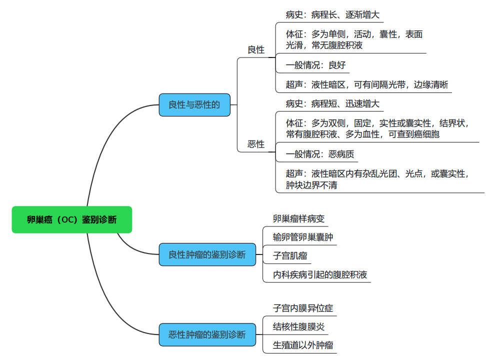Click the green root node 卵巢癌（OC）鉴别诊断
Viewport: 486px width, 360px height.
[x=71, y=219]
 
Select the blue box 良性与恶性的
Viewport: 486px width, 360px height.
[x=194, y=105]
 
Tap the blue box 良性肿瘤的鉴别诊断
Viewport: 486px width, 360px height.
[x=207, y=254]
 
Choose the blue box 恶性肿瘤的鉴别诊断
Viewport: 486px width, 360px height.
[x=207, y=334]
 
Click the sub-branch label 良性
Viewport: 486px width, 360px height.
[x=256, y=50]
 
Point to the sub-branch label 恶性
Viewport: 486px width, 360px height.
[x=256, y=144]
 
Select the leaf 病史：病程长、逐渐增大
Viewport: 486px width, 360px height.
[x=332, y=15]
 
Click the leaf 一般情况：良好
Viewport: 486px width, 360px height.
[x=315, y=65]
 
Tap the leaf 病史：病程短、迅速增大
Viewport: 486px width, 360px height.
[x=332, y=104]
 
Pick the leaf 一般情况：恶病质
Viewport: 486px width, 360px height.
[x=320, y=154]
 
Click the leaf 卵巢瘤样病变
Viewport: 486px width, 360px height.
[x=299, y=218]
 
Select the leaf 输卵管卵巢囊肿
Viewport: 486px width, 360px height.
[x=303, y=237]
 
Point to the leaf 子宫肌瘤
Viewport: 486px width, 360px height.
[x=290, y=255]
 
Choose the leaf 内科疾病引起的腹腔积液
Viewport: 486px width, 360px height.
[x=320, y=274]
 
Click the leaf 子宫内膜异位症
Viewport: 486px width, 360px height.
[x=303, y=308]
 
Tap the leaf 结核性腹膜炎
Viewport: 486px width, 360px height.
[x=299, y=327]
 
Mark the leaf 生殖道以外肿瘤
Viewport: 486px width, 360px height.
[x=303, y=345]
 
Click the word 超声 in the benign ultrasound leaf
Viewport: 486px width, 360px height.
[x=294, y=84]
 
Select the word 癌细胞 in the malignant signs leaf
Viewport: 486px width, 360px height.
[x=427, y=134]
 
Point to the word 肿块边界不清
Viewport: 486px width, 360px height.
[x=311, y=185]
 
